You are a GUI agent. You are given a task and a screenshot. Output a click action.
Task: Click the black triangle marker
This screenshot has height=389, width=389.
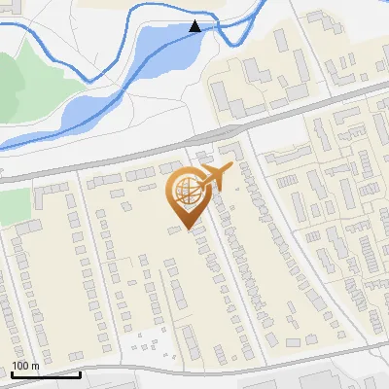pos(195,26)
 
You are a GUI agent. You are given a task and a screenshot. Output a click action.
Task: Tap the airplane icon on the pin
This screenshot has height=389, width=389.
pos(215,177)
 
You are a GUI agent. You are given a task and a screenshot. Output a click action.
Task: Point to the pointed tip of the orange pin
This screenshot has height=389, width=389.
pos(189,230)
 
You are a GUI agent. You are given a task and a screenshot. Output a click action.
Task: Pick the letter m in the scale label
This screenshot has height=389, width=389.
pos(36,366)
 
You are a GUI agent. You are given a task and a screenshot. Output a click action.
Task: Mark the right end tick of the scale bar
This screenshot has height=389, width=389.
pos(79,371)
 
